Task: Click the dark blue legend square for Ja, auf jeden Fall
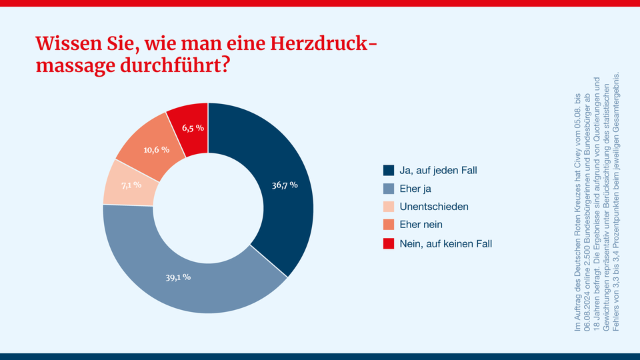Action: (x=389, y=170)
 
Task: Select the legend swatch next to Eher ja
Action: (x=389, y=189)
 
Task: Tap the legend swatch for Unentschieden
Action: (x=389, y=207)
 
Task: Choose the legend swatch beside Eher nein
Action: (x=389, y=225)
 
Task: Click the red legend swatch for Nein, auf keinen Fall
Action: (x=389, y=243)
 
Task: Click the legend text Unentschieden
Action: (x=434, y=207)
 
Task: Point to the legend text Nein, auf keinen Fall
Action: (x=445, y=243)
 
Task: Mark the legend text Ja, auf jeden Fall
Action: (x=438, y=170)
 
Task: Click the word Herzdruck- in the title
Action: (x=321, y=44)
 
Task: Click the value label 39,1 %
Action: (x=178, y=276)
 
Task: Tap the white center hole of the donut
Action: (x=208, y=208)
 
